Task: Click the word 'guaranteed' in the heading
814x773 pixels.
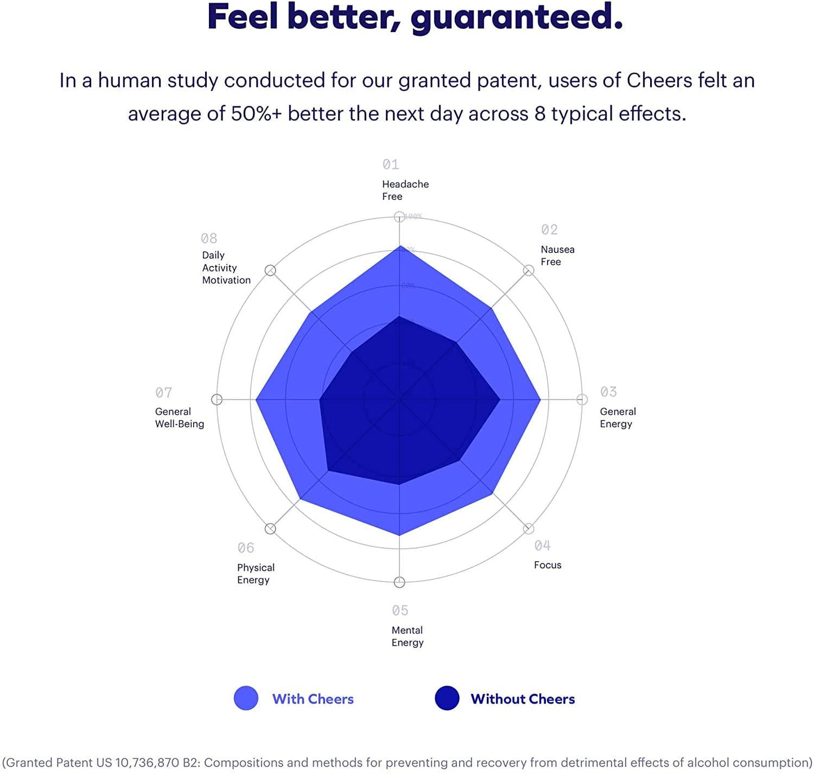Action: (x=515, y=18)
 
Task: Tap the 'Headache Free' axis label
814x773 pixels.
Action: (x=405, y=190)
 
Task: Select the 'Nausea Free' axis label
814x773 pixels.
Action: (x=557, y=255)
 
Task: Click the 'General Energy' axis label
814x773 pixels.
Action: (x=617, y=417)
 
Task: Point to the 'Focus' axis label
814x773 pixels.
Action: (x=548, y=565)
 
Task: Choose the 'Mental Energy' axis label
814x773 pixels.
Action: (x=407, y=636)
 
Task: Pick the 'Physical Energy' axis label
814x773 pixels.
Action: (x=256, y=574)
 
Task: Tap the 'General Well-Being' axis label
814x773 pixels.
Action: (x=179, y=417)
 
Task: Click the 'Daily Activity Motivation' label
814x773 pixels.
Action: (x=226, y=268)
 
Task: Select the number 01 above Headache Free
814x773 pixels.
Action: (x=390, y=165)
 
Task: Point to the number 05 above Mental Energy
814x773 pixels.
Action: (x=400, y=611)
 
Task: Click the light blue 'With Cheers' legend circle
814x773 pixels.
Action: (x=246, y=698)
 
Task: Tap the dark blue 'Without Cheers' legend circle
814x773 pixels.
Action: (x=447, y=698)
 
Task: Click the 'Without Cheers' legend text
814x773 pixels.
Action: (x=523, y=699)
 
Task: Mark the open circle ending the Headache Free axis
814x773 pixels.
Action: (x=399, y=217)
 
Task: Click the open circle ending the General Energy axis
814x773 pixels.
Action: (x=582, y=399)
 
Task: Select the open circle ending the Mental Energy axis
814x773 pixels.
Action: (x=399, y=582)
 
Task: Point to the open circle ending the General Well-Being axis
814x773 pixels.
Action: (x=217, y=399)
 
